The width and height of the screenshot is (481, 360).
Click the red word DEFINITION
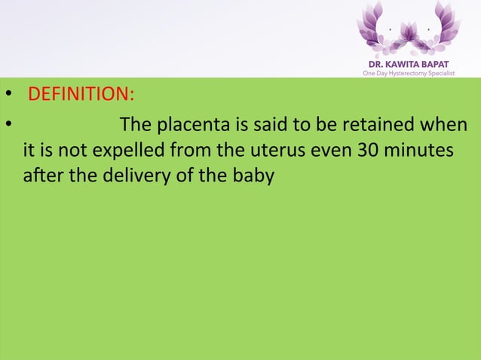79,96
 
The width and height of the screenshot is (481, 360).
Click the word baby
252,179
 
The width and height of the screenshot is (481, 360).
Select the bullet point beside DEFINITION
8,96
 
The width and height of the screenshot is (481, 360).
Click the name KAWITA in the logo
407,63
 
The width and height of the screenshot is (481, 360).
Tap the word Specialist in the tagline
442,73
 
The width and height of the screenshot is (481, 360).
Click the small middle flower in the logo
409,34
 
